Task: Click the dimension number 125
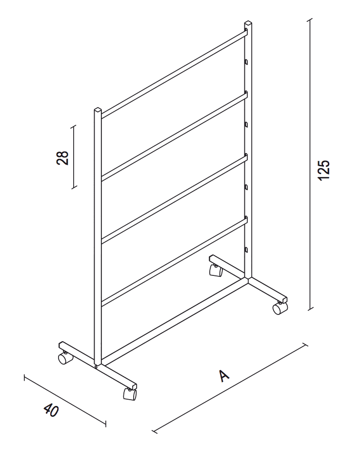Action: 323,170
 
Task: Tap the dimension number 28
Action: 62,158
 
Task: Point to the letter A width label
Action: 224,375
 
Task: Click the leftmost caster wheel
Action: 65,358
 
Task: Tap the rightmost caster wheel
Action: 280,308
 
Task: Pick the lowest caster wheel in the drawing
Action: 130,394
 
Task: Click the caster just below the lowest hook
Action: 216,271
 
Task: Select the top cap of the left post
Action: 98,110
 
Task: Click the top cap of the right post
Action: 248,23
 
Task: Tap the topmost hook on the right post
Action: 246,61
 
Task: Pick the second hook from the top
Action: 246,125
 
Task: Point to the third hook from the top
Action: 246,187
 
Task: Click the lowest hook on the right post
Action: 246,250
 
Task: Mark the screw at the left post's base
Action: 97,367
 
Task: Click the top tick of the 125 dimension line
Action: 310,20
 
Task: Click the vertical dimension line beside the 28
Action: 74,156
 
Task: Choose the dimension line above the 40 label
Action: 65,401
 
